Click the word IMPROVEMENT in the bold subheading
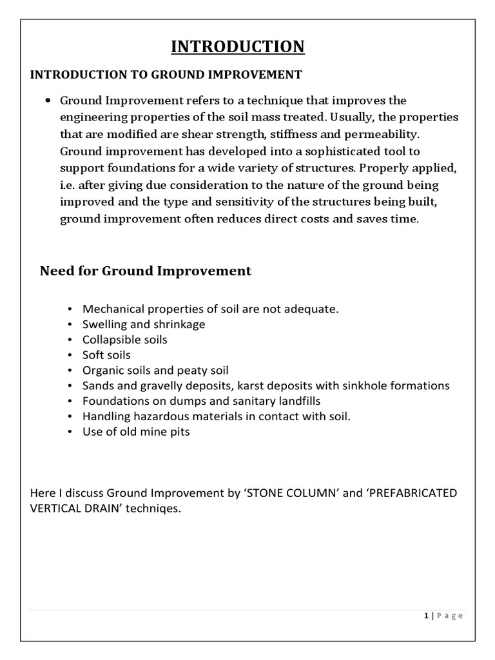pyautogui.click(x=257, y=75)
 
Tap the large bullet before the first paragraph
pyautogui.click(x=49, y=101)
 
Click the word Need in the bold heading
pyautogui.click(x=57, y=271)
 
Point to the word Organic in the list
pyautogui.click(x=102, y=371)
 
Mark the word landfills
pyautogui.click(x=298, y=401)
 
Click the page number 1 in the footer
pyautogui.click(x=426, y=616)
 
